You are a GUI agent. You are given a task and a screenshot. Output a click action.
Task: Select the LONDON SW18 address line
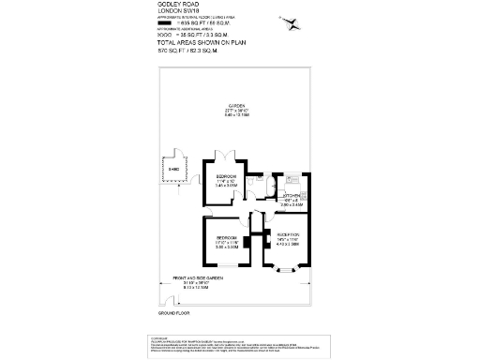coord(173,11)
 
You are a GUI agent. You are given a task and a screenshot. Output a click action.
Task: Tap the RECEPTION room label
coord(288,234)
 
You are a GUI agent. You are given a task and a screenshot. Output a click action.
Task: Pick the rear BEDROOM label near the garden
coord(227,176)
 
